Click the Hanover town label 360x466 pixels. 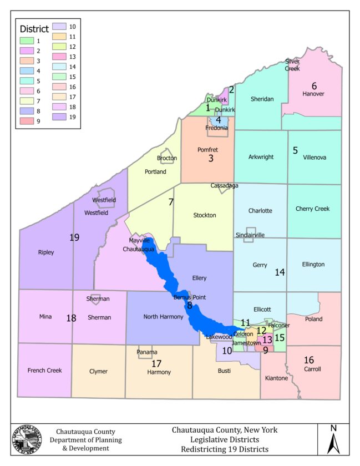(x=313, y=94)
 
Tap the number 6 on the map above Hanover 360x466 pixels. (x=314, y=85)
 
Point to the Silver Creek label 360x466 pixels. (x=292, y=65)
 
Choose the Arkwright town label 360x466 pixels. (x=260, y=157)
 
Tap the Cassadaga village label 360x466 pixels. (x=224, y=185)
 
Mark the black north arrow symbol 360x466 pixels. (x=333, y=443)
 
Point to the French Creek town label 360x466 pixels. (x=44, y=370)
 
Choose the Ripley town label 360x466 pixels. (x=46, y=252)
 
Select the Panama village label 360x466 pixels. (x=147, y=352)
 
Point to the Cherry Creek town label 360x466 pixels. (x=313, y=209)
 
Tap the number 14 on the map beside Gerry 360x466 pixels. (x=280, y=272)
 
